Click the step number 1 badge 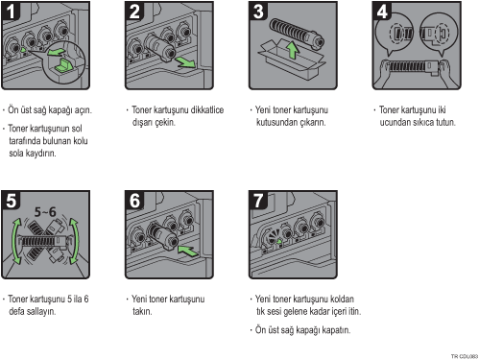tap(11, 11)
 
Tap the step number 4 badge tap(382, 11)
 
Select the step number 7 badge tap(258, 200)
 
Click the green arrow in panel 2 tap(185, 61)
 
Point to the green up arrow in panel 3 tap(292, 51)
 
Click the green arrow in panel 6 tap(188, 251)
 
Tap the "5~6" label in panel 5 tap(45, 212)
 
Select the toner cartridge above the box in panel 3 tap(297, 34)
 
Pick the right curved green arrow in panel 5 tap(76, 241)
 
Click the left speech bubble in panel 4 tap(395, 34)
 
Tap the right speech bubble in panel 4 tap(439, 34)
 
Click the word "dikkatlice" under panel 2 tap(207, 110)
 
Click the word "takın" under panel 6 tap(142, 311)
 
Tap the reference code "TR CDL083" tap(465, 356)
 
